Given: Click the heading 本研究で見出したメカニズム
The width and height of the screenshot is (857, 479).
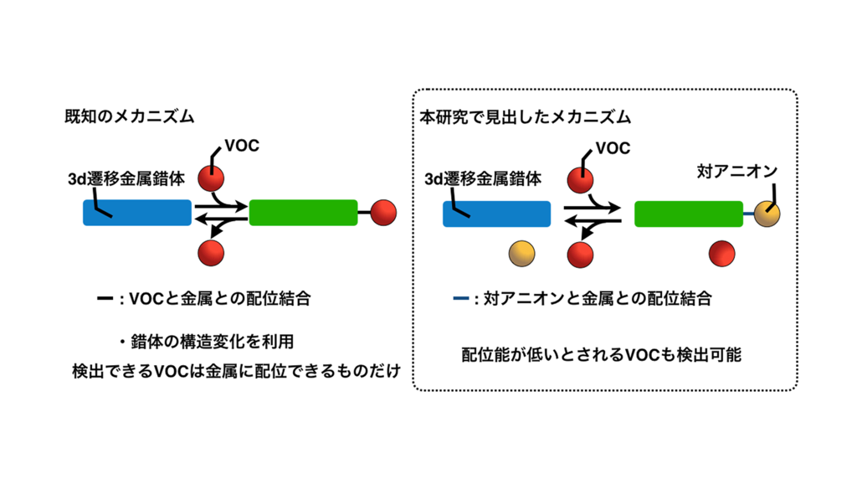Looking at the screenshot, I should coord(525,117).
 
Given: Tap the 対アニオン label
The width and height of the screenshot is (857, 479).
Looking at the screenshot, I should coord(736,172).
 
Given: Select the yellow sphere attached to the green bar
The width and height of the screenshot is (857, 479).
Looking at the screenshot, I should coord(767,214).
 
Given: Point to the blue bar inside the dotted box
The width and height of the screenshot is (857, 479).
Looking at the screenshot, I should coord(495,214).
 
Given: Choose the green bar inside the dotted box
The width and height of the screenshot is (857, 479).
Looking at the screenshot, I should coord(688,214).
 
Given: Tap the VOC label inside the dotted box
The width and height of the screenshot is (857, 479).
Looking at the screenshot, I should coord(613,148).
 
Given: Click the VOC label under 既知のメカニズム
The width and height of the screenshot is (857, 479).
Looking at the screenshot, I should coord(242,145).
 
